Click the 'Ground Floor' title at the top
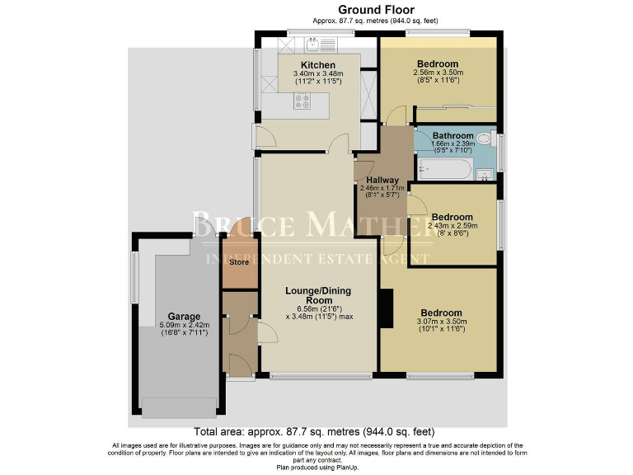317,9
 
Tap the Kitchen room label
317,65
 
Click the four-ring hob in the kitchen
302,102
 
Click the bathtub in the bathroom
444,170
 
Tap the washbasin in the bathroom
485,172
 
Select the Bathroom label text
453,136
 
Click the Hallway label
382,180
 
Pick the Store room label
239,263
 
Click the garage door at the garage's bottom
180,405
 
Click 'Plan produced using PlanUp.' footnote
316,466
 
